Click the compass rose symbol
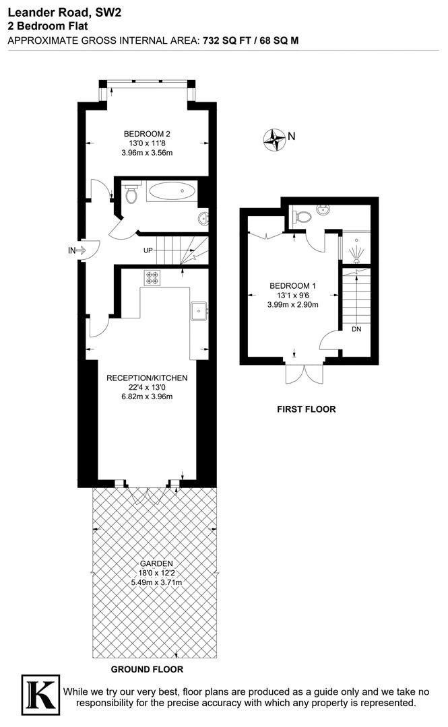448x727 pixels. [x=274, y=139]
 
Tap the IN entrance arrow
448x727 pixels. [x=81, y=251]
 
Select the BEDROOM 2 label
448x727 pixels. [x=147, y=134]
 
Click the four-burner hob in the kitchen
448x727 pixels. [x=152, y=277]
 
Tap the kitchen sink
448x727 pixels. [x=199, y=311]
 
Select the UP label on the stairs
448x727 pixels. [x=148, y=251]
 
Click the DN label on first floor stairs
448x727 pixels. [x=356, y=329]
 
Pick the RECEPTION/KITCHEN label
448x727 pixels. [x=147, y=378]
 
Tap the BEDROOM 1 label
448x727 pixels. [x=292, y=286]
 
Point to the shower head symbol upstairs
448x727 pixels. [x=356, y=252]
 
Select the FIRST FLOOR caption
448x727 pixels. [x=307, y=409]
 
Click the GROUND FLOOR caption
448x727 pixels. [x=147, y=669]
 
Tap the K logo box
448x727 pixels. [x=41, y=696]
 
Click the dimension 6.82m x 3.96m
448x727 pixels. [x=147, y=396]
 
